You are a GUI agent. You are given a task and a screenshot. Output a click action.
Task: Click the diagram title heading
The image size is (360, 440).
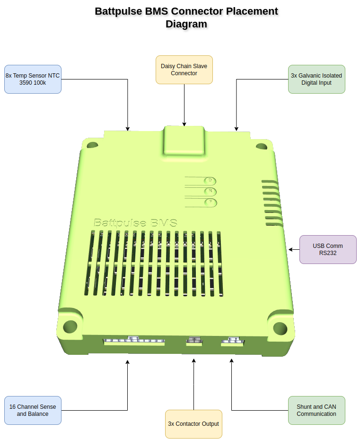tap(186, 18)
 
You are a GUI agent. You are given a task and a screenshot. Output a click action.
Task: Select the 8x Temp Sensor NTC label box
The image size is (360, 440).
tap(33, 79)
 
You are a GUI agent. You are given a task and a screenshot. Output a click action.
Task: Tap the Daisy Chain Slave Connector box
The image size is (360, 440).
tap(184, 70)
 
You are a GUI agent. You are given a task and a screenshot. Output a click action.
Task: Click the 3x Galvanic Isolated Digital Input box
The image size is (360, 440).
tap(316, 79)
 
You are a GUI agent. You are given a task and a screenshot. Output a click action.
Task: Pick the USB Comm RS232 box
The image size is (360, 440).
tap(328, 249)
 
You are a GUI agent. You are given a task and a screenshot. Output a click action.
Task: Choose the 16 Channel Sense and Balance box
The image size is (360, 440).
tap(33, 410)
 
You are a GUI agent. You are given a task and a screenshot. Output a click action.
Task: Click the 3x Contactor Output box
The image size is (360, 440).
tap(193, 424)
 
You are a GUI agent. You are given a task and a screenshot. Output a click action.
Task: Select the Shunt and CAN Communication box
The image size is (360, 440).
tap(316, 410)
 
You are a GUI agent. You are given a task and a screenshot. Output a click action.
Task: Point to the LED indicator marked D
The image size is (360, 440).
tap(210, 180)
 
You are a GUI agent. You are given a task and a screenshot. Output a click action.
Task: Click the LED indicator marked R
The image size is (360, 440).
tap(210, 191)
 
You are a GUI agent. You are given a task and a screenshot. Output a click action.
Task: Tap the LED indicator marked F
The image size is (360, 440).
tap(210, 202)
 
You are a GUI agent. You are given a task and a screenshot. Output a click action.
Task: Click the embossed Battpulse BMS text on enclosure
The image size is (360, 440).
tap(135, 223)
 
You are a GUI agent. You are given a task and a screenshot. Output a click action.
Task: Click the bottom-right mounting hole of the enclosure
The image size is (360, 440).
tap(280, 328)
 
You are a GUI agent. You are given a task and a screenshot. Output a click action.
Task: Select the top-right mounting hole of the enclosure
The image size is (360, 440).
tap(261, 146)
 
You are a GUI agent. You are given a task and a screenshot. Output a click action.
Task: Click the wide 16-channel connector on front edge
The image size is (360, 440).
tap(134, 340)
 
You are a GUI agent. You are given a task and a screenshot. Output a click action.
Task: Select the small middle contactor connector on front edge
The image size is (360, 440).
tap(194, 341)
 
